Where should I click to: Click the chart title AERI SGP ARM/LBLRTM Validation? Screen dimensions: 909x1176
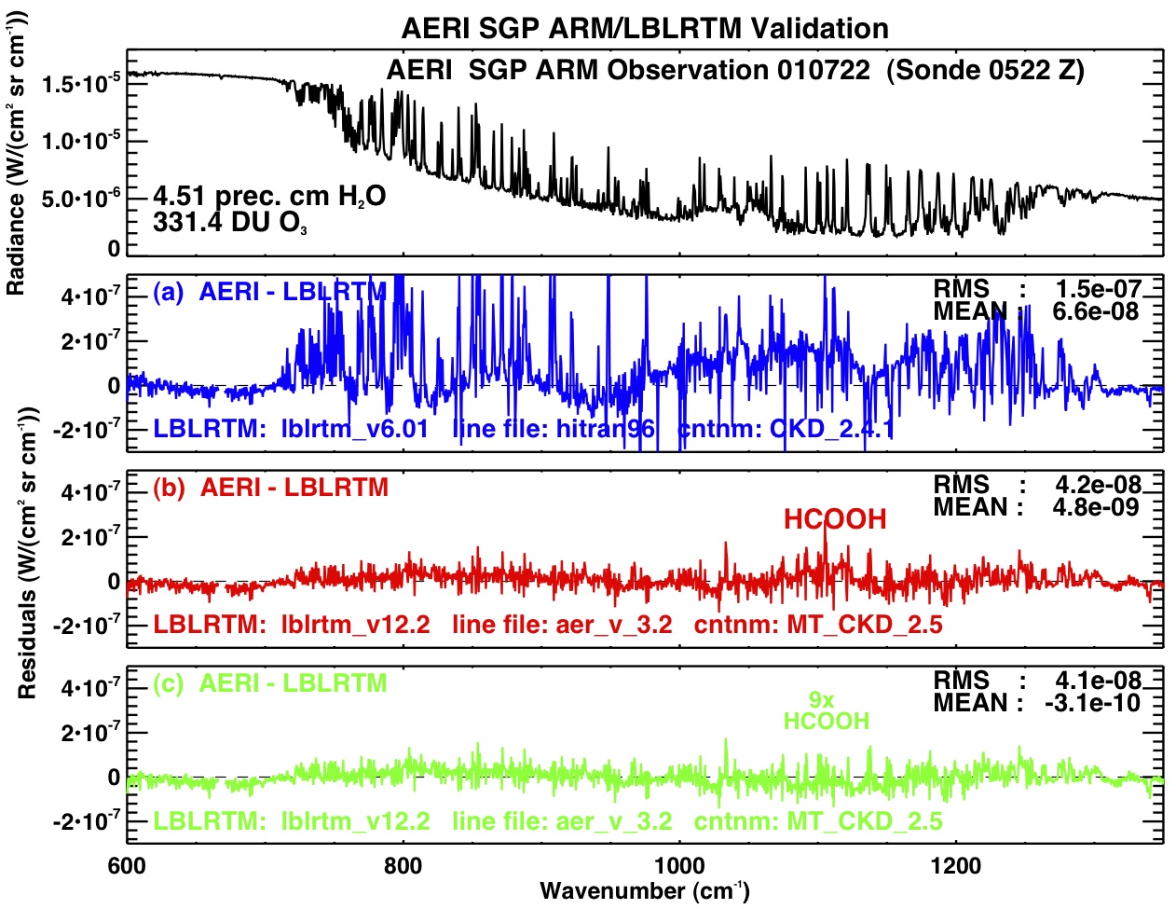645,28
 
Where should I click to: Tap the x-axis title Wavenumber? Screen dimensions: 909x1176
644,890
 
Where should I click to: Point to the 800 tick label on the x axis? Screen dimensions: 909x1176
403,866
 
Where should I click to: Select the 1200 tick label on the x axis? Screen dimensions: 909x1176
955,866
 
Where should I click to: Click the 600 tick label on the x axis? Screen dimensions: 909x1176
127,866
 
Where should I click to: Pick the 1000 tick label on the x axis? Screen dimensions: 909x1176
679,866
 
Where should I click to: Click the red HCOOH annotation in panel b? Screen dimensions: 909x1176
835,519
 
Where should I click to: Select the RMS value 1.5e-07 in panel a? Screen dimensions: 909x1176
1099,289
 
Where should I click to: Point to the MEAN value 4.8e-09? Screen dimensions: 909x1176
1099,508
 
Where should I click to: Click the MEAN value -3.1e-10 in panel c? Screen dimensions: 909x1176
1093,703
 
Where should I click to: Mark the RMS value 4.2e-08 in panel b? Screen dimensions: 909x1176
1099,485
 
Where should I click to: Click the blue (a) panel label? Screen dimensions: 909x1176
168,292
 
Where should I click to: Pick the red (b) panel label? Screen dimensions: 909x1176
168,488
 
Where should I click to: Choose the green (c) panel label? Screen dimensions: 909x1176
168,683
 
